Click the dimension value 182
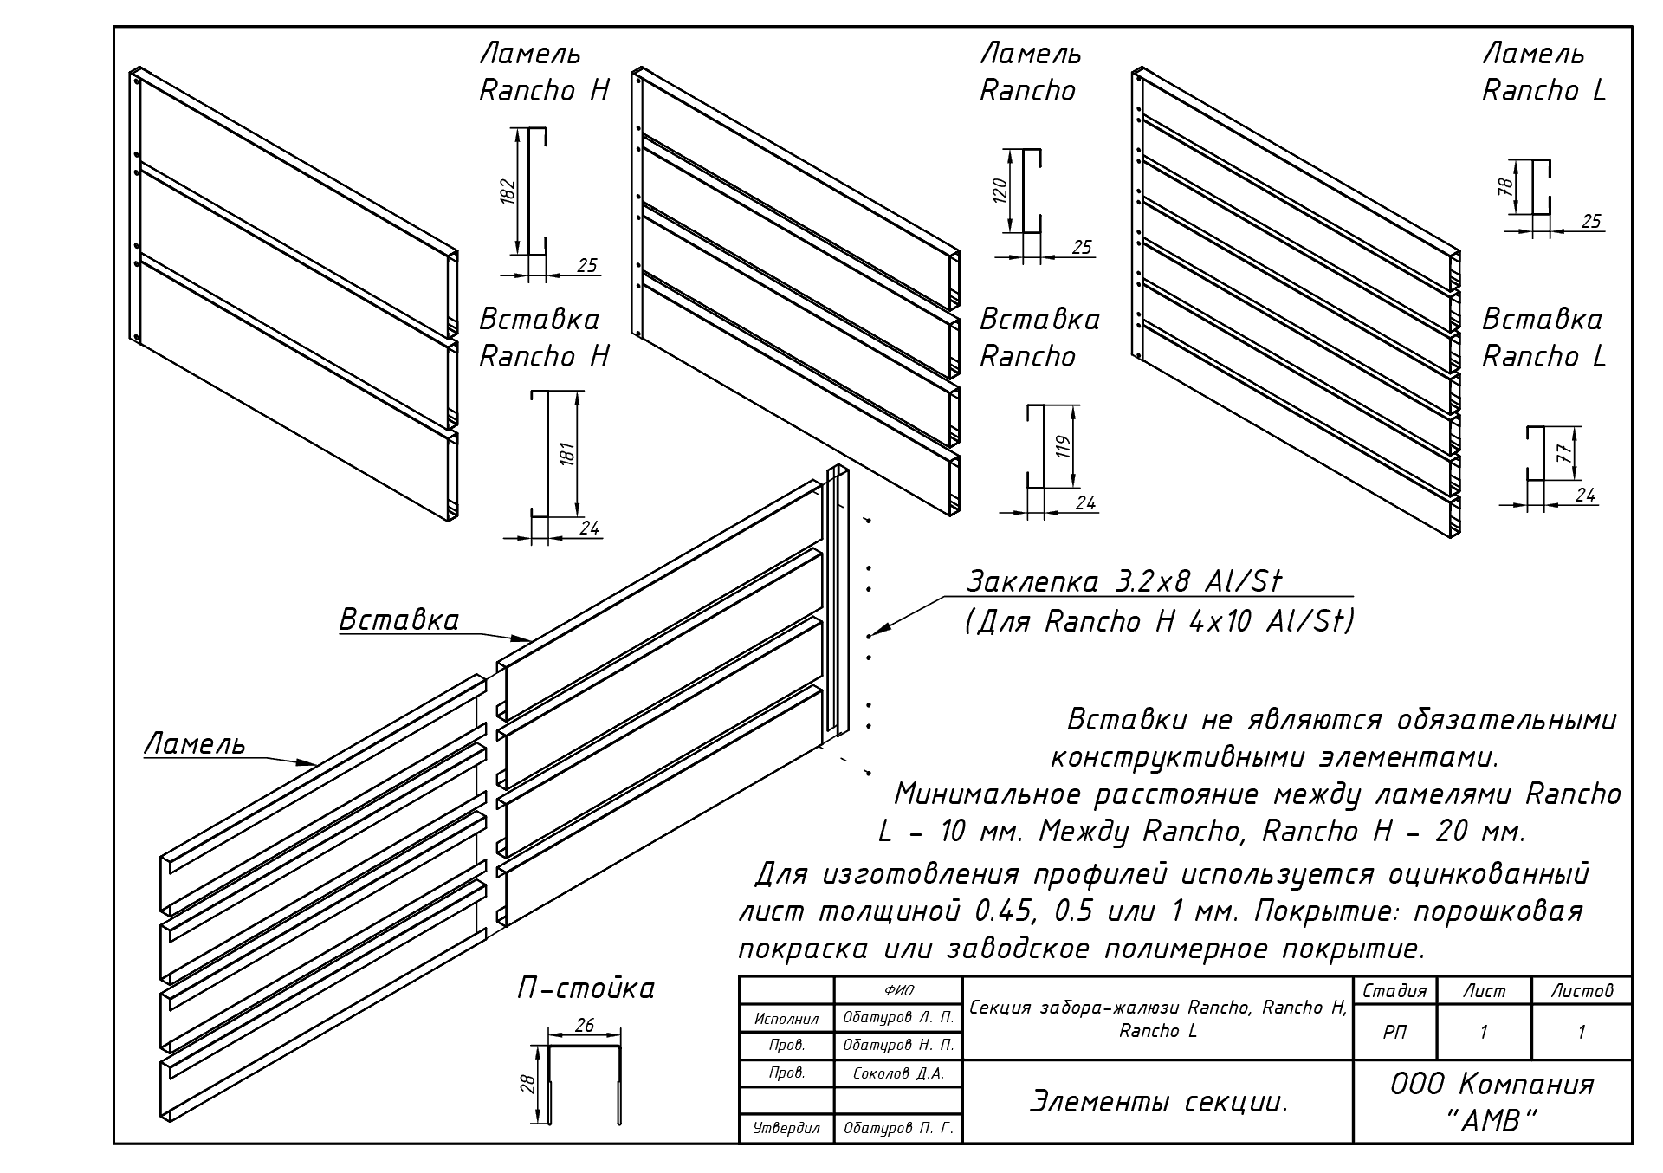pos(508,191)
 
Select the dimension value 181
pos(567,453)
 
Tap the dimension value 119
pos(1064,447)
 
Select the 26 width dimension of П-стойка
pos(585,1026)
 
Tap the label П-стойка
pos(586,988)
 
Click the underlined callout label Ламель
pos(195,744)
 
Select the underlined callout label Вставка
pos(398,620)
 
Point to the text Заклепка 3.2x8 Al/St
pos(1123,581)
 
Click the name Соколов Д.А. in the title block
pos(898,1073)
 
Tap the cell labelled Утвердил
pos(786,1128)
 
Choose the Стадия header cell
pos(1394,991)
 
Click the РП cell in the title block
pos(1394,1032)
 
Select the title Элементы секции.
pos(1158,1102)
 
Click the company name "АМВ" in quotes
pos(1492,1122)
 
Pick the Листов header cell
pos(1581,991)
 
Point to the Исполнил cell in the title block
pos(786,1019)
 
